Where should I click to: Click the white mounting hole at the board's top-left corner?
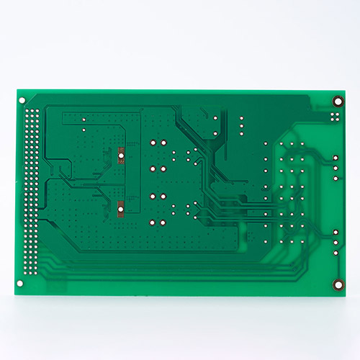[22, 100]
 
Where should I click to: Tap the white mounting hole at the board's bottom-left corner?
[21, 284]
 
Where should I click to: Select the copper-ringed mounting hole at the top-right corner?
[336, 102]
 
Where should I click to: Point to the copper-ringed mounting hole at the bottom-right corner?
[336, 284]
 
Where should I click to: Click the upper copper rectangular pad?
[122, 155]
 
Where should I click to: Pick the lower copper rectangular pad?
[121, 210]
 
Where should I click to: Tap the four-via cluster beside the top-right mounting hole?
[335, 116]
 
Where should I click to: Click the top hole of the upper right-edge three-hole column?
[336, 158]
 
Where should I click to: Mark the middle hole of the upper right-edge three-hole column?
[336, 167]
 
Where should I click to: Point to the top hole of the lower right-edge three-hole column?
[336, 232]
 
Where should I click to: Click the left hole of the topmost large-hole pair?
[153, 143]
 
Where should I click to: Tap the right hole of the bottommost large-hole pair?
[164, 221]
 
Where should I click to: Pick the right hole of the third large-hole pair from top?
[164, 195]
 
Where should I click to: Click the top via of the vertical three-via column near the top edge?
[240, 118]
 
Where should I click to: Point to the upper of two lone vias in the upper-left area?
[84, 118]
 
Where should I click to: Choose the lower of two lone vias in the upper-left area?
[84, 129]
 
